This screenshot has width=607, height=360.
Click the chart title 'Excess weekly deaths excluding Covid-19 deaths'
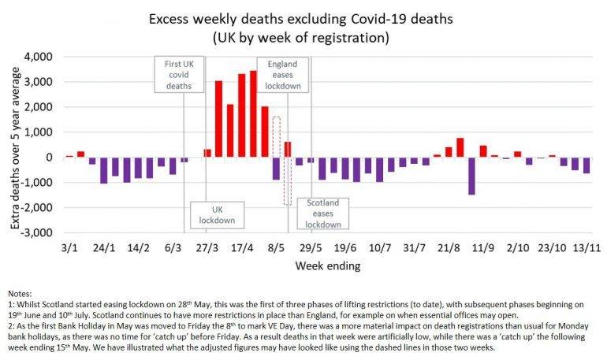(x=303, y=17)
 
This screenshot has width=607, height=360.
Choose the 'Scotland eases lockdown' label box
(x=323, y=213)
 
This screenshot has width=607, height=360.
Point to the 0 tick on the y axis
(x=55, y=158)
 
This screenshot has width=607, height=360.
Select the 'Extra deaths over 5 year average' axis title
(x=16, y=145)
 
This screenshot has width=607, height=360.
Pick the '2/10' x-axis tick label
(x=517, y=248)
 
